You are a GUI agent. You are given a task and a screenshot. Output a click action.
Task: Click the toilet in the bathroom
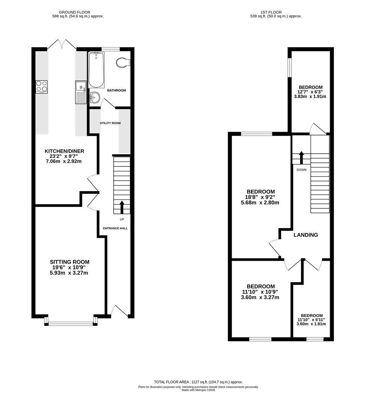click(123, 62)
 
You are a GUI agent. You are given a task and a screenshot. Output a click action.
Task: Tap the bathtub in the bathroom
click(96, 70)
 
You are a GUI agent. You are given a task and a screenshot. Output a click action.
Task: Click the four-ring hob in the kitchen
click(42, 86)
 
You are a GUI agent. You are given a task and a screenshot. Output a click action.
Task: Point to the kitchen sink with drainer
click(81, 92)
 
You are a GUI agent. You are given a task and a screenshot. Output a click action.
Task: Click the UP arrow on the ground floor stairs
click(122, 207)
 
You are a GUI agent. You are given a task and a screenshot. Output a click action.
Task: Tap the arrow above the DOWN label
click(301, 157)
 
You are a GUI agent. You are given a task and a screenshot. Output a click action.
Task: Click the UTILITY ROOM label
click(110, 123)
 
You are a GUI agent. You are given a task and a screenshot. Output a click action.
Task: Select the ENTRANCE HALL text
click(115, 228)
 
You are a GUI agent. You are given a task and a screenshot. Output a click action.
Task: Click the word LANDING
click(306, 235)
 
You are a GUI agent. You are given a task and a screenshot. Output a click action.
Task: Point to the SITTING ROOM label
click(70, 262)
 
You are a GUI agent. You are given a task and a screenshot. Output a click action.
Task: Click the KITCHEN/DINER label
click(64, 151)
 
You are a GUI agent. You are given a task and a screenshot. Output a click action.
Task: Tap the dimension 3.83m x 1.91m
click(310, 97)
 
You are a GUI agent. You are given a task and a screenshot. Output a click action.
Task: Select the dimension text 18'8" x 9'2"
click(260, 197)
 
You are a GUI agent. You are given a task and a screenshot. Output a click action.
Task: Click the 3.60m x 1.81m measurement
click(311, 324)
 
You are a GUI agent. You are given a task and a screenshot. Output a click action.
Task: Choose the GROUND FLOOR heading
click(75, 12)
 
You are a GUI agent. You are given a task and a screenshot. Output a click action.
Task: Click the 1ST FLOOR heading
click(271, 12)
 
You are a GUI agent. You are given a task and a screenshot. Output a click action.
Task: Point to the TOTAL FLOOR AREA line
click(198, 382)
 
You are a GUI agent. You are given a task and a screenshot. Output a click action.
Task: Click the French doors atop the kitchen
click(62, 44)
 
